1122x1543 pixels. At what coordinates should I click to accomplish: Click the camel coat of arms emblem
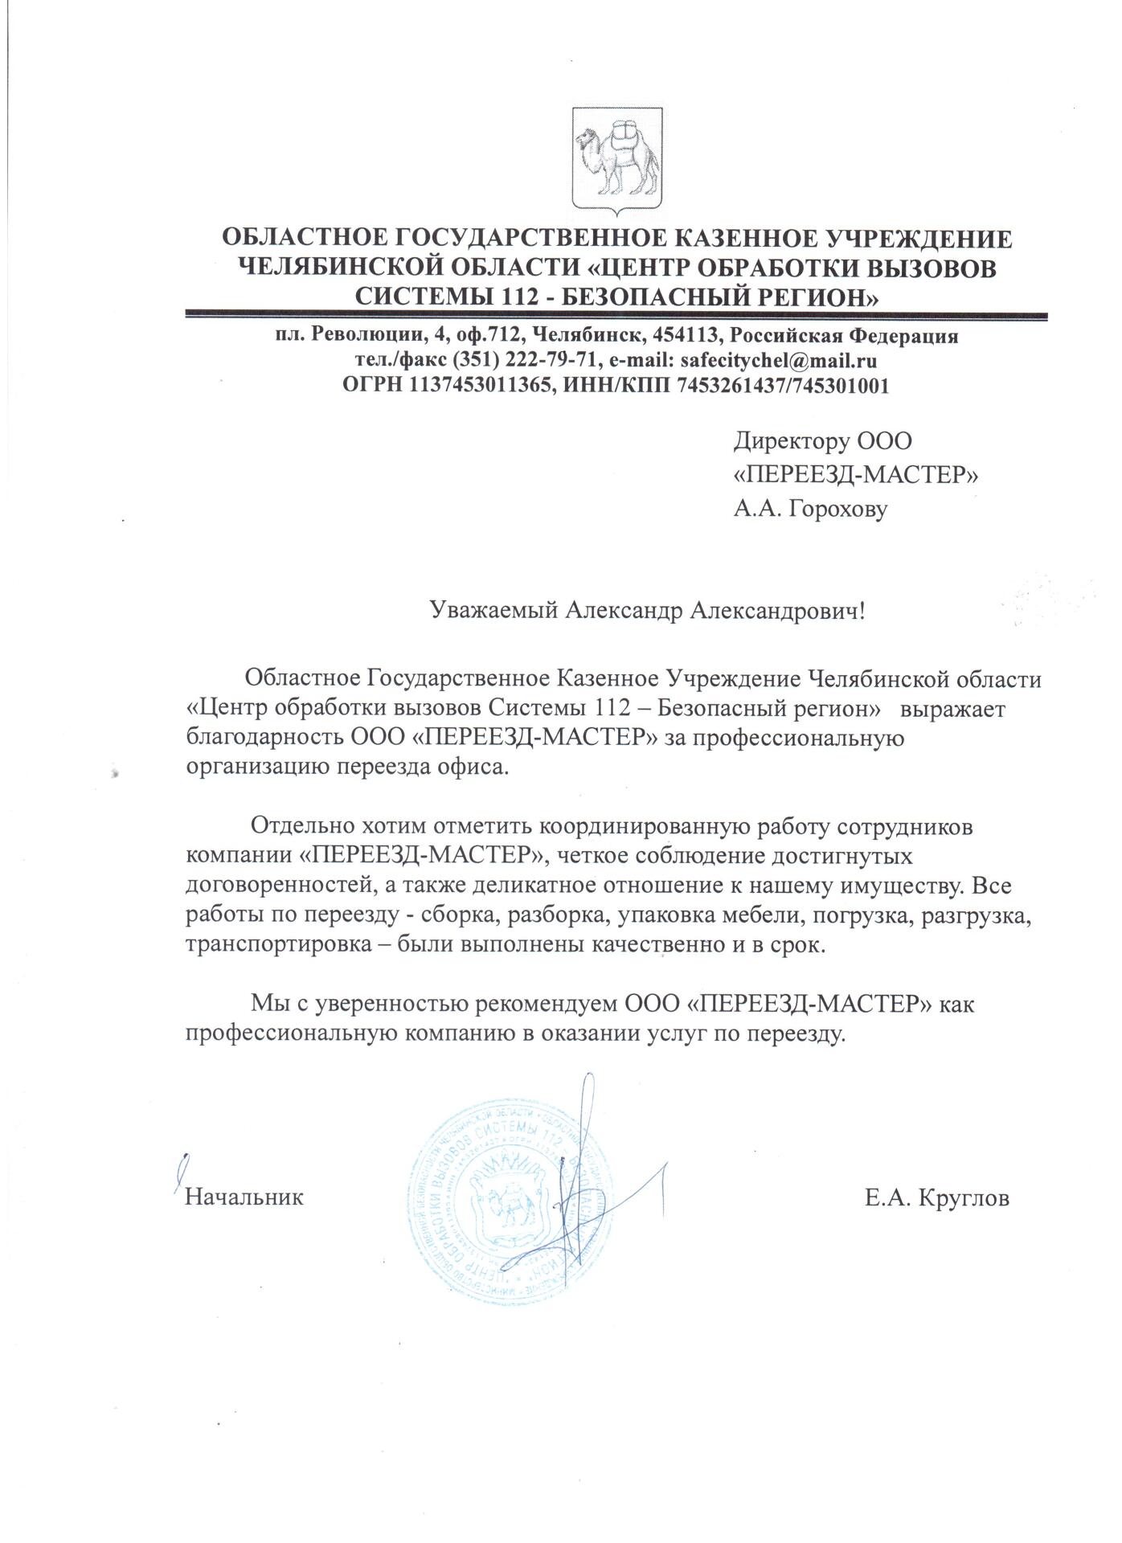[x=616, y=161]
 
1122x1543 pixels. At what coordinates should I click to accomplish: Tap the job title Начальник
[x=244, y=1197]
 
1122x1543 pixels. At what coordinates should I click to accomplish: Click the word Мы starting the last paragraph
[x=266, y=1004]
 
